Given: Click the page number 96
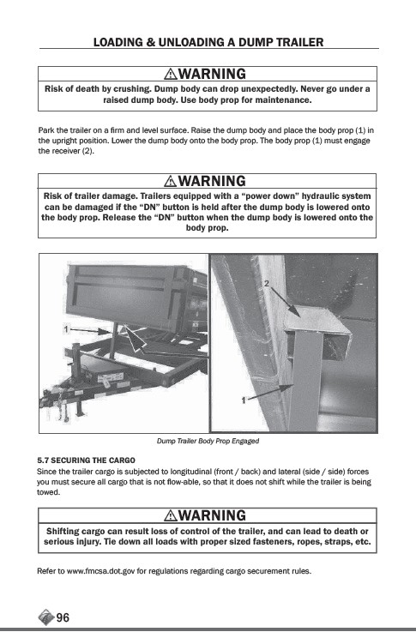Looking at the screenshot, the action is click(63, 617).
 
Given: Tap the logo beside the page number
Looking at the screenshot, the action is click(46, 617).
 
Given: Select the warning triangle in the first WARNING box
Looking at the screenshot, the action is click(171, 74).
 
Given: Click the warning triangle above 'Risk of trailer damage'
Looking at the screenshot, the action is click(171, 181).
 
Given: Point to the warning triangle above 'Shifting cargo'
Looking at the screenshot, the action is click(171, 515).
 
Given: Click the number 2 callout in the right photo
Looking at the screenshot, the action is click(267, 283).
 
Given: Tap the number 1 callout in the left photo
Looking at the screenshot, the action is click(66, 328).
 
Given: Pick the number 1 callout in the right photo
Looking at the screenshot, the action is click(244, 400).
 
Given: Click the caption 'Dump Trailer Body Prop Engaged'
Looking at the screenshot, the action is click(208, 441).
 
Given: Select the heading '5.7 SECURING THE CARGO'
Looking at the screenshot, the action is click(87, 460).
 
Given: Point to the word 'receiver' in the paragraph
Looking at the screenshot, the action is click(63, 151).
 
